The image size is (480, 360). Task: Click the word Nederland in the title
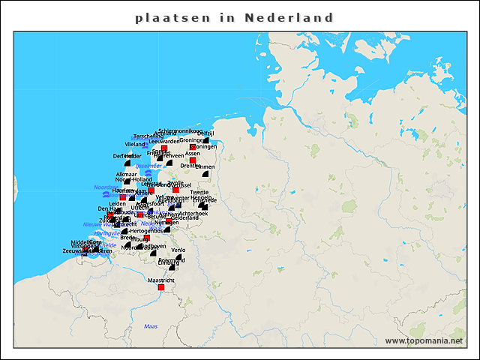tap(289, 17)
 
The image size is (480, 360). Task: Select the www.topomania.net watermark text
tap(424, 340)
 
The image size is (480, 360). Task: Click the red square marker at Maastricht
tap(160, 287)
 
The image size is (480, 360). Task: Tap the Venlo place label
tap(178, 250)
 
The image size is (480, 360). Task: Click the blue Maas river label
tap(151, 326)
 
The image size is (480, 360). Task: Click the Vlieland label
tap(135, 143)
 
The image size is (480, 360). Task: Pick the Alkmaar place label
tap(126, 173)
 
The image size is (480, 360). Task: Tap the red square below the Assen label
tap(193, 160)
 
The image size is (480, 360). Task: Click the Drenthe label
tap(190, 166)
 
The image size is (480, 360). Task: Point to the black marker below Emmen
tap(205, 175)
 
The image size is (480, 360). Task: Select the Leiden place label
tap(117, 203)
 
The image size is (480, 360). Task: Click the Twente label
tap(199, 192)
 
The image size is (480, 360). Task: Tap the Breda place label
tap(127, 238)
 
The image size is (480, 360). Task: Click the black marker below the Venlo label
tap(179, 258)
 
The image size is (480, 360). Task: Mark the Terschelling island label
tap(148, 136)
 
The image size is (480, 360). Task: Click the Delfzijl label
tap(206, 133)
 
